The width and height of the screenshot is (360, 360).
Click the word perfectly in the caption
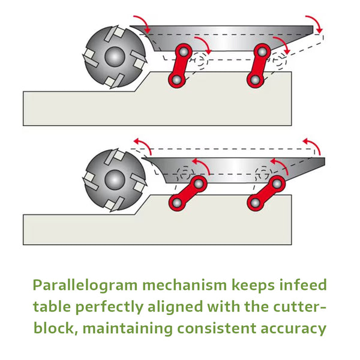pos(104,307)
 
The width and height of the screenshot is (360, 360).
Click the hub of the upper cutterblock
pos(113,57)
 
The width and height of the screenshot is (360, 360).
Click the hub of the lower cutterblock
pos(113,178)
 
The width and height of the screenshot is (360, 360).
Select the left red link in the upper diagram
pos(181,64)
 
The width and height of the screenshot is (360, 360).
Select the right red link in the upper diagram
pos(260,64)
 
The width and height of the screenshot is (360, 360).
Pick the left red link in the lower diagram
pos(188,192)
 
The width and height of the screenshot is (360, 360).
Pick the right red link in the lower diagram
pos(266,192)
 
